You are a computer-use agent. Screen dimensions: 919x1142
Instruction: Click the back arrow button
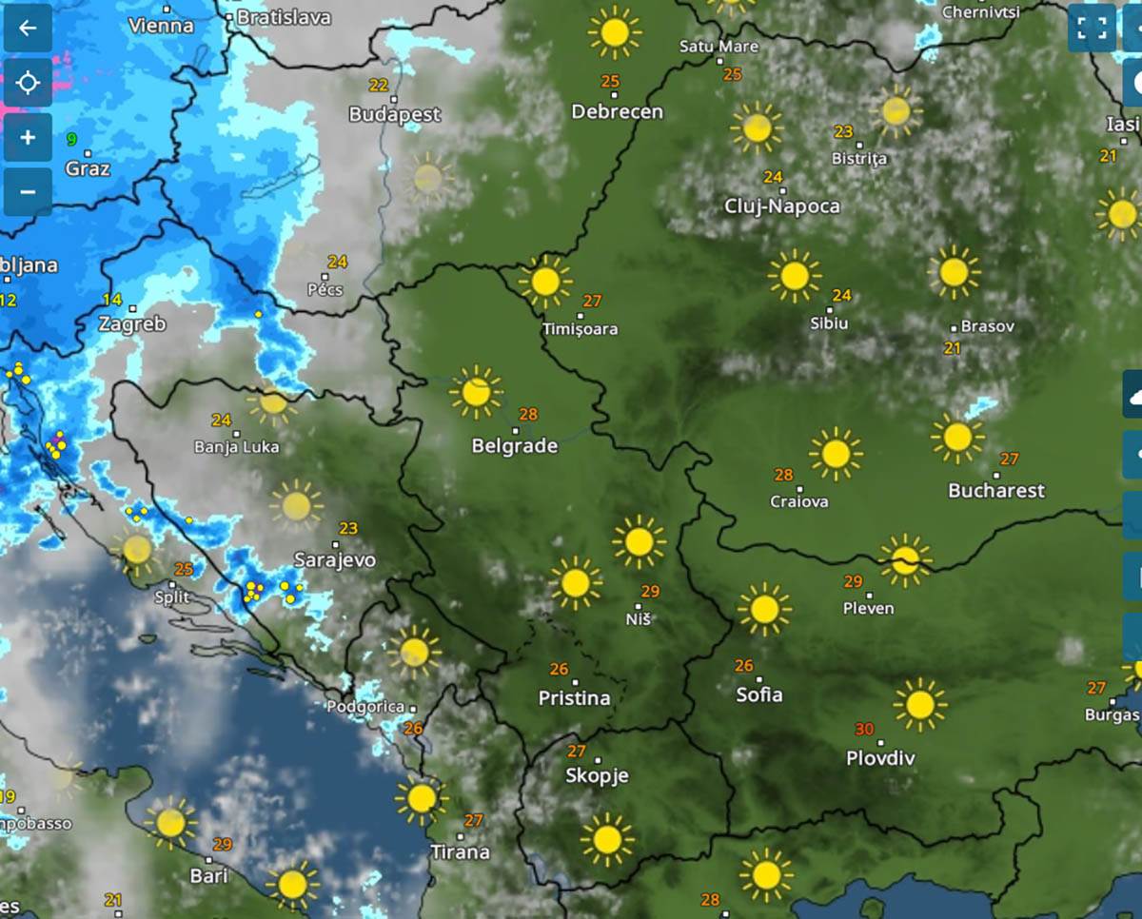click(x=28, y=29)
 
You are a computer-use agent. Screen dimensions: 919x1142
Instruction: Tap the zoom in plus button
click(x=28, y=138)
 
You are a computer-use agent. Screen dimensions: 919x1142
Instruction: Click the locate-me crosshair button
click(x=28, y=84)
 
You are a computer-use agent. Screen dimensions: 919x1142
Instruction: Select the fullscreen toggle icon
click(x=1091, y=29)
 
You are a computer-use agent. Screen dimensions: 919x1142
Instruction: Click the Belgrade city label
click(x=514, y=446)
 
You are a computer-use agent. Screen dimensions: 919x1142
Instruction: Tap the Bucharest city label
click(x=996, y=491)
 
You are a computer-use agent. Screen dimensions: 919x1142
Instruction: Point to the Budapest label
click(x=395, y=114)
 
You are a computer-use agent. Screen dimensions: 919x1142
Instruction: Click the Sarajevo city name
click(x=334, y=559)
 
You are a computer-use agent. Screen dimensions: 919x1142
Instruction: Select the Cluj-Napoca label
click(x=782, y=206)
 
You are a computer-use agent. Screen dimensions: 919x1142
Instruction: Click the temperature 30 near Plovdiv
click(x=864, y=730)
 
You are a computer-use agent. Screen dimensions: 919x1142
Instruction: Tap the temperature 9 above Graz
click(x=71, y=140)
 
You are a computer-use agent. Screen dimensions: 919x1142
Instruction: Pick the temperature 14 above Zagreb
click(x=112, y=300)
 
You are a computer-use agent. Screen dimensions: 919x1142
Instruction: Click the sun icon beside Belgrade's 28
click(x=476, y=392)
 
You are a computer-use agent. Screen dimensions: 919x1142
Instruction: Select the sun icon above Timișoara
click(x=545, y=282)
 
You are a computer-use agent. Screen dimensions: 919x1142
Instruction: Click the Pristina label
click(x=574, y=698)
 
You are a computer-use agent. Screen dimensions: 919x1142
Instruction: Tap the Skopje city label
click(x=597, y=776)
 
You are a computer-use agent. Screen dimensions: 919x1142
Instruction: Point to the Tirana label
click(x=460, y=851)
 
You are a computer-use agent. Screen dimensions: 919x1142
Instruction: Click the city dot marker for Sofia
click(x=758, y=679)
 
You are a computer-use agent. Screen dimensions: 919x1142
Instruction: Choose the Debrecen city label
click(x=617, y=111)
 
